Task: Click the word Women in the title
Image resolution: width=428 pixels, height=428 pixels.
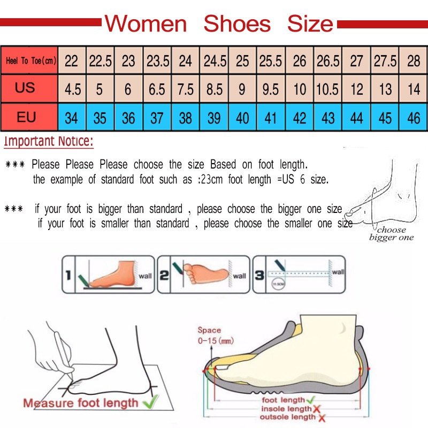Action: pyautogui.click(x=146, y=24)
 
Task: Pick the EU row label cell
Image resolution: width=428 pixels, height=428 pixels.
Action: pyautogui.click(x=26, y=117)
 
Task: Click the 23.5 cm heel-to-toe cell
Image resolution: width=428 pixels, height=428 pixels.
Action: pyautogui.click(x=158, y=61)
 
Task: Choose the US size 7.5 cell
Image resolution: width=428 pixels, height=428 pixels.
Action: pyautogui.click(x=186, y=89)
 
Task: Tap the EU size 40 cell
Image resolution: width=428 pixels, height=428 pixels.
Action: pyautogui.click(x=242, y=117)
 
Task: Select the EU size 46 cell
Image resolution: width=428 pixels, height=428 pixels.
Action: pyautogui.click(x=414, y=117)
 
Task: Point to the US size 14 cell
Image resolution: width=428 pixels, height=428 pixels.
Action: pyautogui.click(x=414, y=89)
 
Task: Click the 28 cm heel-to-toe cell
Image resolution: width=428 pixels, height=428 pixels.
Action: pyautogui.click(x=414, y=61)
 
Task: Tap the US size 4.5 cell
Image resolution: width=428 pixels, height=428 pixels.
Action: pyautogui.click(x=72, y=89)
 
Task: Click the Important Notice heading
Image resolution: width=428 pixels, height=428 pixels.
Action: pyautogui.click(x=49, y=142)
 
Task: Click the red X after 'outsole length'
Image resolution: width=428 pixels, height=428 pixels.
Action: pyautogui.click(x=323, y=417)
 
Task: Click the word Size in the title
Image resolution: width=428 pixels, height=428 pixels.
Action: pyautogui.click(x=310, y=24)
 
